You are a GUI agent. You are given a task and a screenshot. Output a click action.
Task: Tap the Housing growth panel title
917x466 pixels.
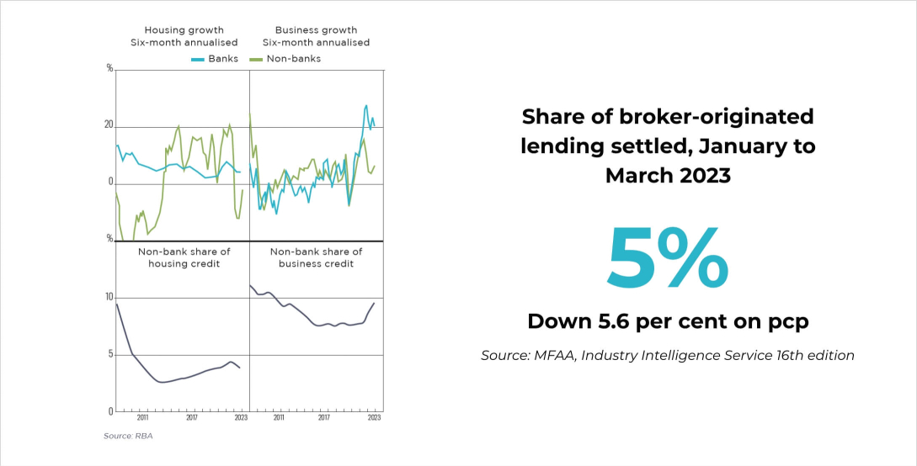[184, 36]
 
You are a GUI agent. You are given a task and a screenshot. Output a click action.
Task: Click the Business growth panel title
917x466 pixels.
[316, 36]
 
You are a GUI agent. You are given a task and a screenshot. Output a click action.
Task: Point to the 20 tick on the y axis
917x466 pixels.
[109, 124]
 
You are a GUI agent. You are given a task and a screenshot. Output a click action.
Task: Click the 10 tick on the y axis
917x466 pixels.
[109, 298]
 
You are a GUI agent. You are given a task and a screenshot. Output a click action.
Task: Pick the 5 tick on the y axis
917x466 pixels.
[109, 354]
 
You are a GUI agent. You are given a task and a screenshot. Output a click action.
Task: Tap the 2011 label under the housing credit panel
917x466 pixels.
[142, 417]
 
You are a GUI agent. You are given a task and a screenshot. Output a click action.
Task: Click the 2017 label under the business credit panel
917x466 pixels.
[325, 417]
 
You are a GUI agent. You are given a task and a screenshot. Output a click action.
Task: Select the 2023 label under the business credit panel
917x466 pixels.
[374, 417]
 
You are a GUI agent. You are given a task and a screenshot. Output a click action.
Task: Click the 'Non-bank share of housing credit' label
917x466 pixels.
[184, 257]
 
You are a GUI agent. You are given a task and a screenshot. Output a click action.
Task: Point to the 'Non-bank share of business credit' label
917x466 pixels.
[316, 257]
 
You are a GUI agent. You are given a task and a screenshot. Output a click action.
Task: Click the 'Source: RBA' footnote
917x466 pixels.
[128, 436]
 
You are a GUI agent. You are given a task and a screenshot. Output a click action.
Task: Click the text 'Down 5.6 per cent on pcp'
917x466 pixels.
[667, 320]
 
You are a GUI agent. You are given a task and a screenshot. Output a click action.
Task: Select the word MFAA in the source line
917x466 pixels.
[557, 355]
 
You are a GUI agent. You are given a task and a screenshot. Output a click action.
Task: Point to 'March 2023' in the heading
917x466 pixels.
[667, 175]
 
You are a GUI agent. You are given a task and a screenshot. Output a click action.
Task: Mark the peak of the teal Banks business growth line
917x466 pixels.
[366, 105]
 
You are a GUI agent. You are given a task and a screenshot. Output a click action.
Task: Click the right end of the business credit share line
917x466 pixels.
[374, 303]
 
